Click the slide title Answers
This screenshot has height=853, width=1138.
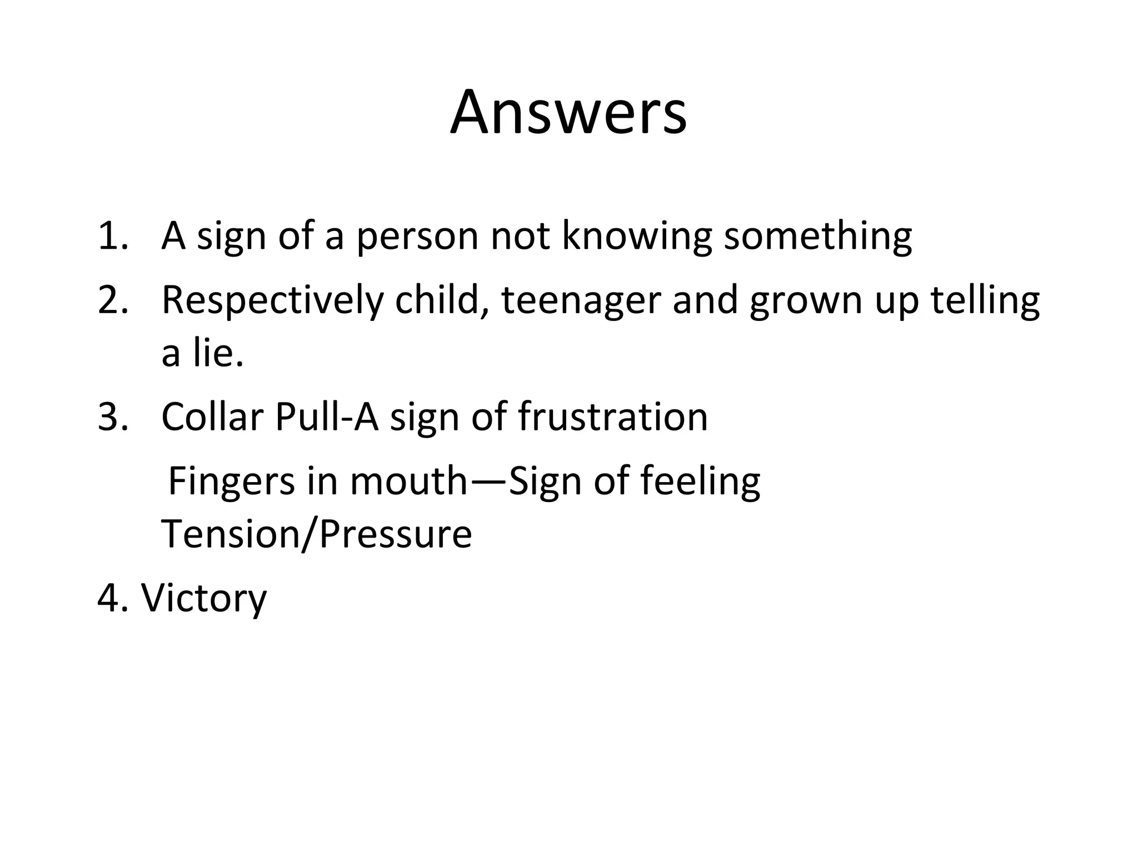coord(568,113)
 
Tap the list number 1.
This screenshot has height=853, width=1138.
coord(113,235)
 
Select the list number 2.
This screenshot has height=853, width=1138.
coord(113,300)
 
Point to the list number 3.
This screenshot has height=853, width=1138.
coord(113,417)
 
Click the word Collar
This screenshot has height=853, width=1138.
coord(212,417)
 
